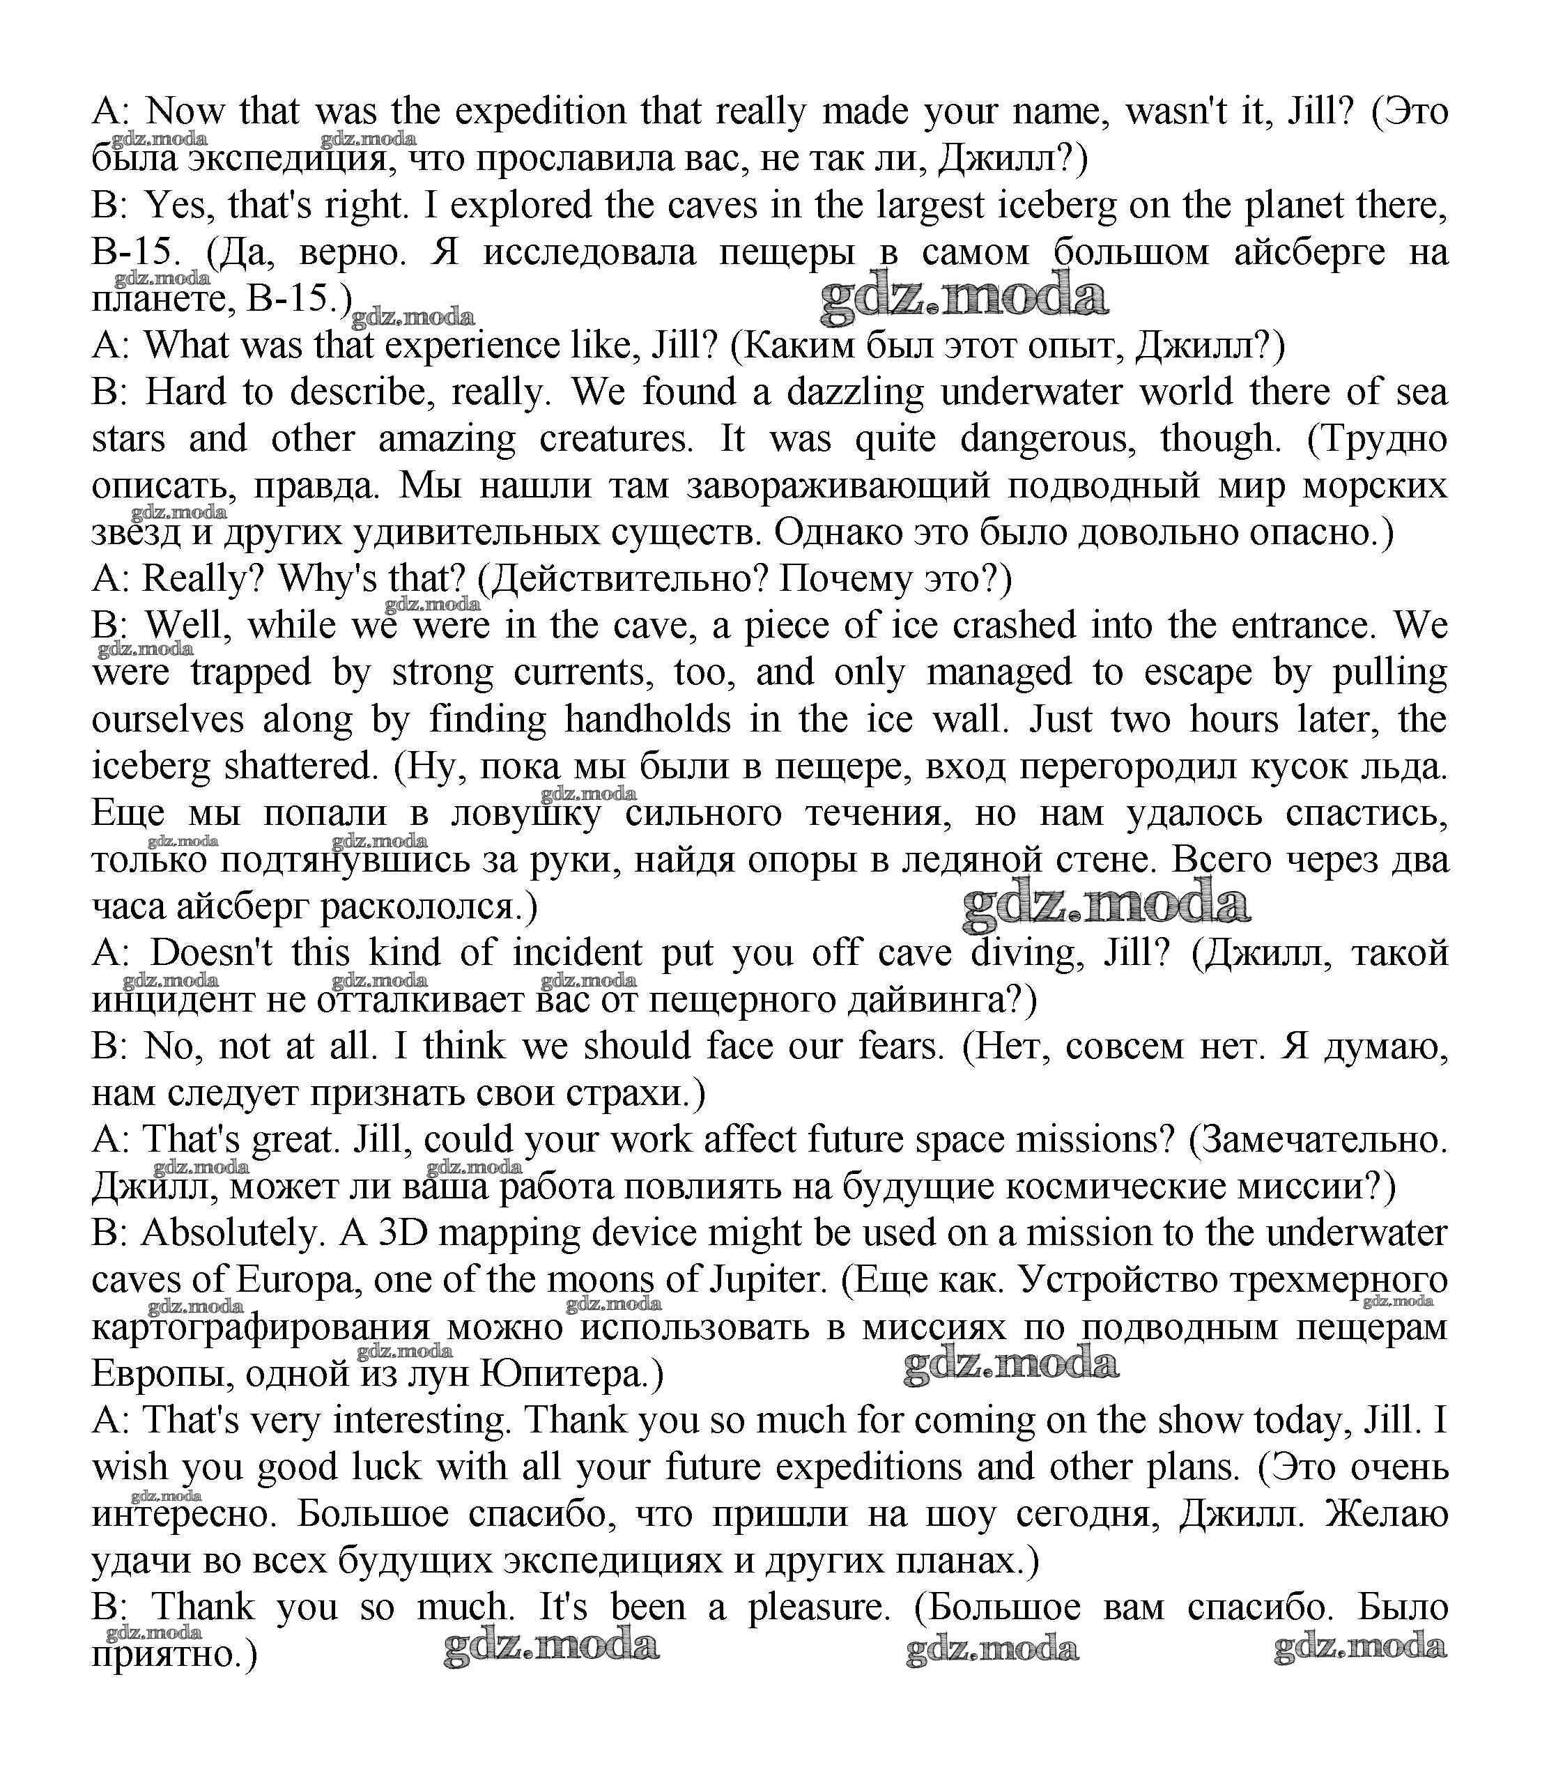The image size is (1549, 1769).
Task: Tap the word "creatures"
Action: pos(615,439)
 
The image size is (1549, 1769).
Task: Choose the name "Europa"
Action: pos(295,1279)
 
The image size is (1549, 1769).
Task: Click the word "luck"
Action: pos(388,1467)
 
